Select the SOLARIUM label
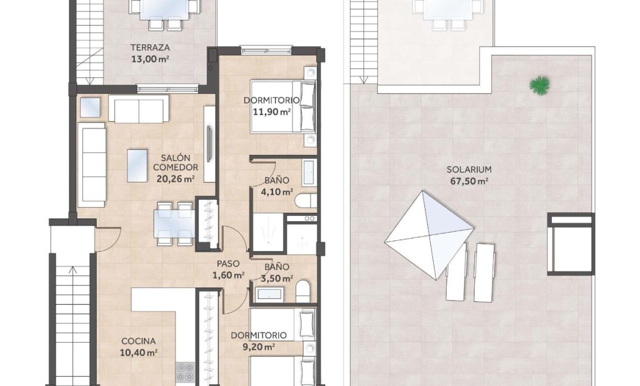(x=469, y=170)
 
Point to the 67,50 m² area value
(x=469, y=181)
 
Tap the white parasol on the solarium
(x=429, y=234)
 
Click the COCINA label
(x=139, y=341)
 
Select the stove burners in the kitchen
(x=185, y=372)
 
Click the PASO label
(x=228, y=264)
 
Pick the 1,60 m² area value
(x=228, y=275)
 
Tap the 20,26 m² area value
(x=175, y=178)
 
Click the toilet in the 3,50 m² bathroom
(x=303, y=291)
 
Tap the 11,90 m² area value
(x=272, y=112)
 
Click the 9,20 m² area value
(x=259, y=346)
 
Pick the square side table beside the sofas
(x=90, y=107)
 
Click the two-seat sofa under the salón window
(x=138, y=109)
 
